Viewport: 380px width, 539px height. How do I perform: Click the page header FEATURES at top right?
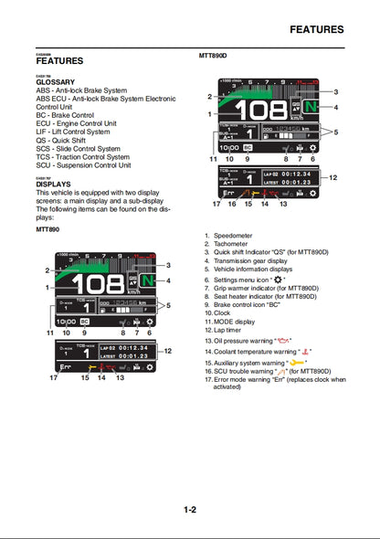point(316,29)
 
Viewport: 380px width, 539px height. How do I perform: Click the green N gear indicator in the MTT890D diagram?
point(313,107)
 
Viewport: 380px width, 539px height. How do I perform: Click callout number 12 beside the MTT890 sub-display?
point(167,351)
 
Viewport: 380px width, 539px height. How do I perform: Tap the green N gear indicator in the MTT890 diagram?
point(150,281)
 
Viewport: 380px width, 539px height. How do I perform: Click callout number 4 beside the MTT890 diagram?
point(168,279)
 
